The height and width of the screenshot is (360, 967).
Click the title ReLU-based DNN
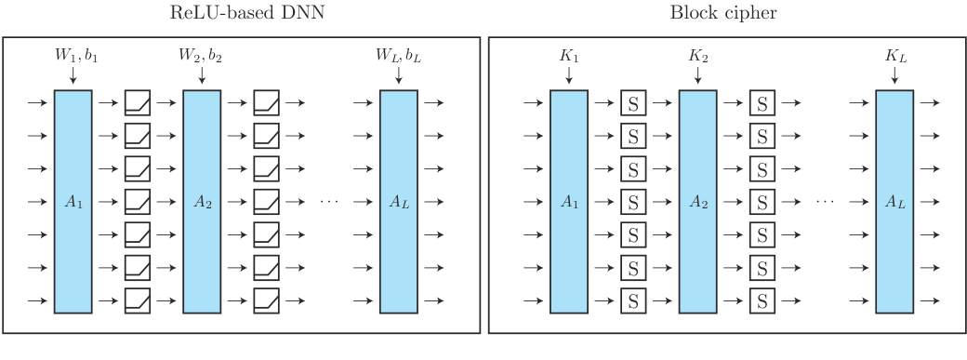pos(240,13)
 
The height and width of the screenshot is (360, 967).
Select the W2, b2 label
pos(202,58)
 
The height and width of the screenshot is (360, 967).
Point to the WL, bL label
pos(398,58)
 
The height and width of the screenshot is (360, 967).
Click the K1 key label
pos(568,58)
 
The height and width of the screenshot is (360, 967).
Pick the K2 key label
pos(697,58)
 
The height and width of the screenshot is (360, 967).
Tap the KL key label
pos(894,58)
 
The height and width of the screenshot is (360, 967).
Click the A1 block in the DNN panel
pos(73,201)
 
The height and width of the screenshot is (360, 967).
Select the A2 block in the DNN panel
pos(202,201)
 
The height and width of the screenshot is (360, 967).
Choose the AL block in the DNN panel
pos(398,201)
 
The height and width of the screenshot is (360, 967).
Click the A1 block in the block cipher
pos(568,201)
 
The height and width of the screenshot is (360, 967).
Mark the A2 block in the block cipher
pos(697,201)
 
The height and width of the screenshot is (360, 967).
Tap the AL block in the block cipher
pos(894,201)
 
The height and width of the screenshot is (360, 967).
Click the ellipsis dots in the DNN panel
pos(332,201)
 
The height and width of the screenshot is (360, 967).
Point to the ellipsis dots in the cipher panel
pos(828,201)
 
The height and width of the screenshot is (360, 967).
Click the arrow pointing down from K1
pos(568,78)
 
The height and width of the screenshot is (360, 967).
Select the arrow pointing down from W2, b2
pos(202,78)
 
